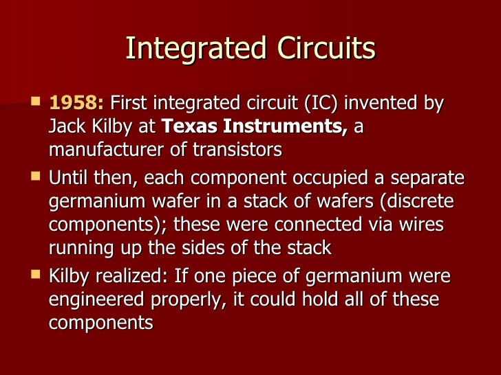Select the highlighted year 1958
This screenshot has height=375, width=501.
pos(76,104)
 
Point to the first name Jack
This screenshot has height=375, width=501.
pos(66,126)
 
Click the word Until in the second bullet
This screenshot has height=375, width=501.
pos(68,179)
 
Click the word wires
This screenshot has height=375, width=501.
pos(412,225)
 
